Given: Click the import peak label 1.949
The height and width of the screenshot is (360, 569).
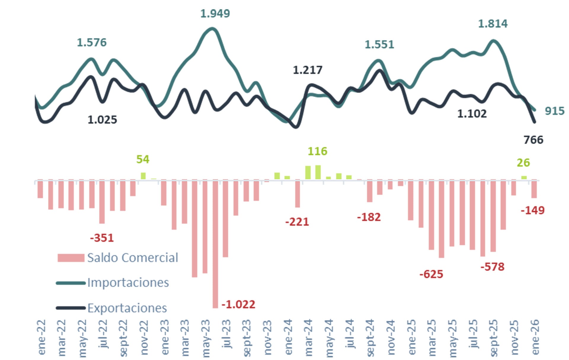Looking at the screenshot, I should (x=215, y=13).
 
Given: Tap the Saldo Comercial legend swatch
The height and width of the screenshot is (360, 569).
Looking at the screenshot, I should (x=71, y=258).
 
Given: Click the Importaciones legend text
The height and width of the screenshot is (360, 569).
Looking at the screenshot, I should (x=128, y=283).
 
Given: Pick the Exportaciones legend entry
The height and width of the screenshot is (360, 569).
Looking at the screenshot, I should (x=127, y=308).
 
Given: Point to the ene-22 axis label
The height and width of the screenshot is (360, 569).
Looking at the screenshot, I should (x=42, y=337).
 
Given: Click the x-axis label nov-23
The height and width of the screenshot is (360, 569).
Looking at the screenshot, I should (x=267, y=337).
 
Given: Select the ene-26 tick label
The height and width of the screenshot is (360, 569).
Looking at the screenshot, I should (x=535, y=337).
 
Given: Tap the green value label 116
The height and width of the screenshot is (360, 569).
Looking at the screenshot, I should (x=317, y=151).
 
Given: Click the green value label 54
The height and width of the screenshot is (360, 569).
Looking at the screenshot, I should (x=143, y=159).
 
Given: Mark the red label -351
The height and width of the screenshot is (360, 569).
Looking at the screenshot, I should (x=102, y=238).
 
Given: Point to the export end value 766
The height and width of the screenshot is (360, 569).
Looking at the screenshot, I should (x=533, y=140).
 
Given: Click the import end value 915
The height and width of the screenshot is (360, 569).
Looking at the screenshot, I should (x=554, y=111).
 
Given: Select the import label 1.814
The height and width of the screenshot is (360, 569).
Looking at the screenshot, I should (x=493, y=24).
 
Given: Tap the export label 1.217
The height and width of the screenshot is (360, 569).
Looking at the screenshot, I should (x=307, y=70).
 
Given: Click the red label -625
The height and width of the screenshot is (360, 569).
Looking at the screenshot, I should (x=431, y=274).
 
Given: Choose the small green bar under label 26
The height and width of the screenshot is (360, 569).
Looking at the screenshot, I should (x=524, y=177).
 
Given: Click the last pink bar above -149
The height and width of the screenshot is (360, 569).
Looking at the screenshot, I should (x=534, y=189).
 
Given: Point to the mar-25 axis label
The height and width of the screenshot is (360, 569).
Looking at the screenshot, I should (x=432, y=337).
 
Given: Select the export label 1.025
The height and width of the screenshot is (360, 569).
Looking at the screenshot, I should (x=102, y=120).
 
